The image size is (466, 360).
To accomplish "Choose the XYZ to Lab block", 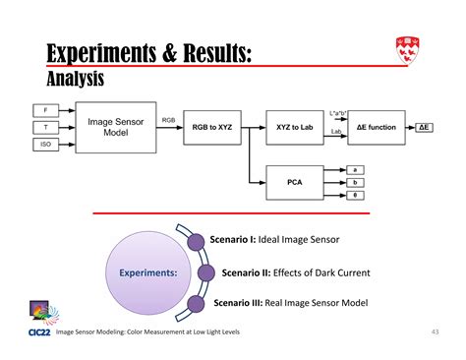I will coord(294,128).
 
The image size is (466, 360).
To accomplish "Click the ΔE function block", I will coord(376,128).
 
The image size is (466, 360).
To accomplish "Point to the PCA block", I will coord(294,182).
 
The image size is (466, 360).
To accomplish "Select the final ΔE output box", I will coord(428,128).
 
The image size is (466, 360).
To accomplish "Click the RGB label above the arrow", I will coord(169,120).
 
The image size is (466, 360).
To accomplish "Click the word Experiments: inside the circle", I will coord(148,272).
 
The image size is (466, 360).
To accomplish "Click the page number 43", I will coord(435,331).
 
